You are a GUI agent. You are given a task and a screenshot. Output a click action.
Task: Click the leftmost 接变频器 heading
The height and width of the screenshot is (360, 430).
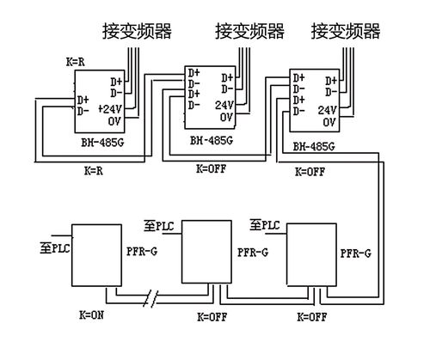coord(137,32)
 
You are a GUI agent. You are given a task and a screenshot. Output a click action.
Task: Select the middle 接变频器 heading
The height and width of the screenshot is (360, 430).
coord(249,32)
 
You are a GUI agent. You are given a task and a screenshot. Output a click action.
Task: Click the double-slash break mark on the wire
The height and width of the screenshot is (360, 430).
coord(153,301)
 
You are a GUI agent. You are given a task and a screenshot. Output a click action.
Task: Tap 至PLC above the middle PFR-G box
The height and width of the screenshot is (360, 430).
coord(160,225)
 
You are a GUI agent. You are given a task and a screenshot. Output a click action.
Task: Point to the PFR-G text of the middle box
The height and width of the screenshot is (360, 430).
coord(251,253)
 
